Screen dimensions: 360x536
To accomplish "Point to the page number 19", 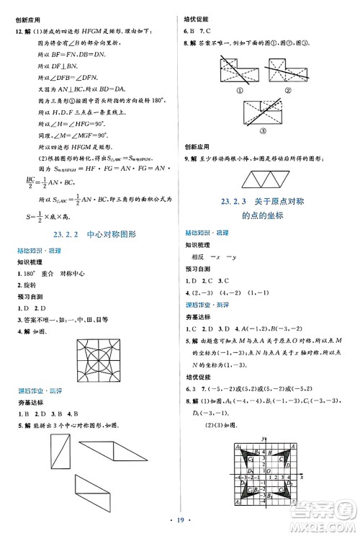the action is click(x=179, y=517).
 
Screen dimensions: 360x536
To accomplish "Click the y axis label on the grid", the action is click(x=264, y=439).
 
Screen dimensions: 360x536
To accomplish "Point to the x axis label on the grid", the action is click(x=301, y=477).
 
